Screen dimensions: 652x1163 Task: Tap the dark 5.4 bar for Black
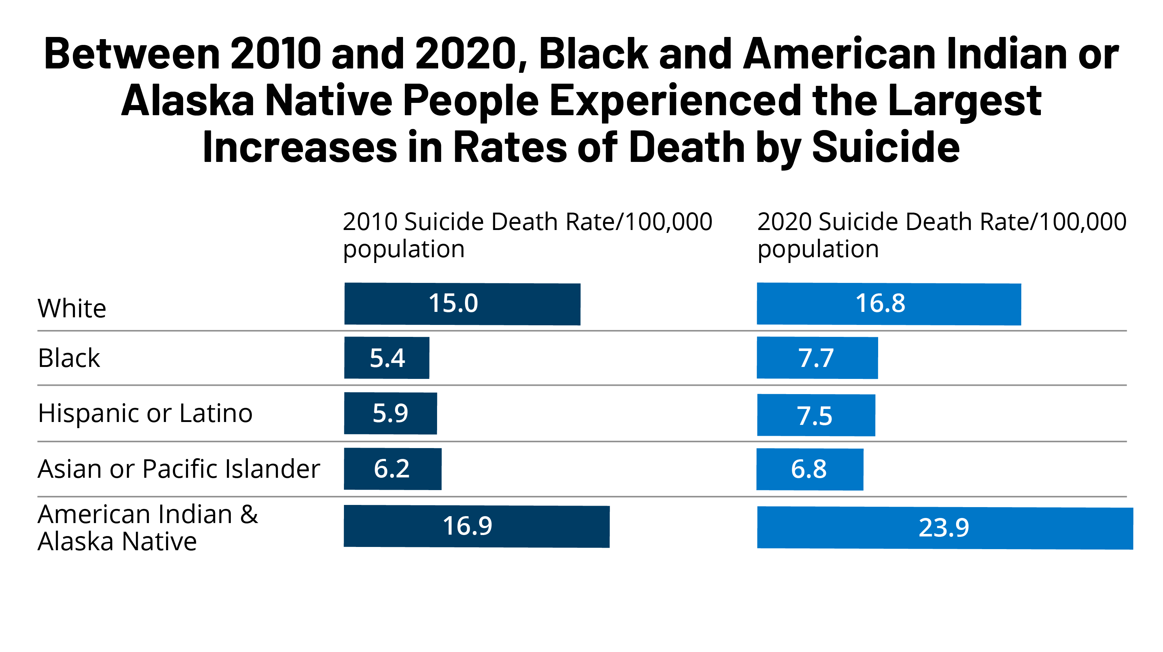pyautogui.click(x=386, y=358)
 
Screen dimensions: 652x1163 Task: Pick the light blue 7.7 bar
pyautogui.click(x=817, y=358)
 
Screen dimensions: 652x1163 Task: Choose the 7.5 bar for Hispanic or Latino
pyautogui.click(x=816, y=415)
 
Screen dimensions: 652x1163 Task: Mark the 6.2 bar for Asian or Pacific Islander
pyautogui.click(x=392, y=469)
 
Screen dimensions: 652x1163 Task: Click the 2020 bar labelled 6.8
pyautogui.click(x=810, y=469)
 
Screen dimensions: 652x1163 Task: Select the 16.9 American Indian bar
pyautogui.click(x=476, y=526)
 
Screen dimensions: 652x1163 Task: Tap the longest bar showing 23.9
pyautogui.click(x=944, y=528)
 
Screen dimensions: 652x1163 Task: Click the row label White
pyautogui.click(x=72, y=309)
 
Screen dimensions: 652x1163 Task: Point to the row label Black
pyautogui.click(x=68, y=358)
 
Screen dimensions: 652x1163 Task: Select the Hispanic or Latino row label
pyautogui.click(x=145, y=413)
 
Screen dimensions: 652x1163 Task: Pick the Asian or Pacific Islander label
pyautogui.click(x=179, y=469)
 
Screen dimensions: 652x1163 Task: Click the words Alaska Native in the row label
pyautogui.click(x=117, y=542)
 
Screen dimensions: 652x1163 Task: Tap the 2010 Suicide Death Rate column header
pyautogui.click(x=527, y=235)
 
